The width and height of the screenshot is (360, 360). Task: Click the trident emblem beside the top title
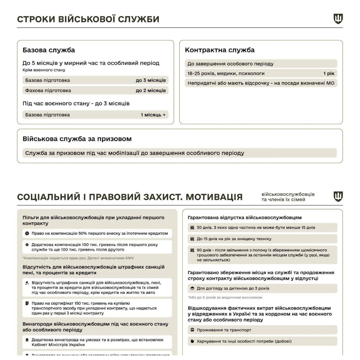click(x=338, y=19)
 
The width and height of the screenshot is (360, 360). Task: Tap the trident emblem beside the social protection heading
click(x=338, y=197)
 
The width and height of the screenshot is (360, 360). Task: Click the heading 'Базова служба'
click(x=49, y=50)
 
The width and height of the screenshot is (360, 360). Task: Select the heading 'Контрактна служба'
click(x=220, y=50)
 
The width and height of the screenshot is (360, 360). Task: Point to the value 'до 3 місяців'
click(x=150, y=80)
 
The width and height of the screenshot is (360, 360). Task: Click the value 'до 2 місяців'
click(x=150, y=90)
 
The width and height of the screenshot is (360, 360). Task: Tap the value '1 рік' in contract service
click(x=329, y=73)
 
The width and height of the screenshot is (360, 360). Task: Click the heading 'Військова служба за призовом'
click(x=77, y=139)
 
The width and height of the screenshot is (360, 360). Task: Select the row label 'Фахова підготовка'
click(x=48, y=90)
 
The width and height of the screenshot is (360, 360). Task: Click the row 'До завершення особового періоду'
click(x=230, y=64)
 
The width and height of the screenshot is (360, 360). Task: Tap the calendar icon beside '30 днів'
click(x=193, y=228)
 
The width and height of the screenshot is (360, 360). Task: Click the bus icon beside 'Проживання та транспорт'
click(x=193, y=330)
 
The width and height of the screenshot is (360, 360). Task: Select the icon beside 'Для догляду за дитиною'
click(x=193, y=288)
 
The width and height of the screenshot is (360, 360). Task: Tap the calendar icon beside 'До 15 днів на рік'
click(x=193, y=239)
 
